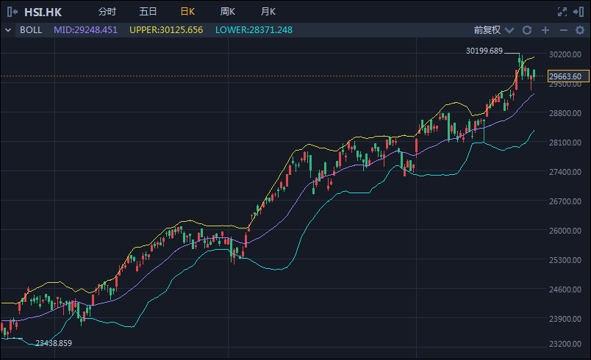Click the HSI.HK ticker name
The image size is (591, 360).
(x=43, y=12)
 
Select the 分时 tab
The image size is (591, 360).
(x=107, y=12)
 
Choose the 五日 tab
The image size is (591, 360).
(x=148, y=12)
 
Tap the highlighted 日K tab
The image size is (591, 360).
(x=187, y=12)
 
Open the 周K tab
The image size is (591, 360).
(x=228, y=12)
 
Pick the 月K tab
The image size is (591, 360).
(x=268, y=12)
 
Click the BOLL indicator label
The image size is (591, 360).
(x=31, y=30)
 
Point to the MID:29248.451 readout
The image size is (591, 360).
(x=85, y=30)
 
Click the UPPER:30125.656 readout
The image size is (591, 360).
(x=166, y=30)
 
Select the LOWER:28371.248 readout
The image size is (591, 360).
(x=254, y=30)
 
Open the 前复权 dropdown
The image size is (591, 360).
(x=494, y=30)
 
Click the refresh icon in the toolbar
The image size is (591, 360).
(x=527, y=30)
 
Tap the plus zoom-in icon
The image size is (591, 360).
(x=545, y=30)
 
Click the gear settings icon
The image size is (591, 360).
(x=580, y=30)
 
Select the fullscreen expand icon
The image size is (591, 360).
(x=562, y=12)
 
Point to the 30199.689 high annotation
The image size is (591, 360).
(x=484, y=51)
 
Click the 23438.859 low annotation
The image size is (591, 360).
(x=54, y=343)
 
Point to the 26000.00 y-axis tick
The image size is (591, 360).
(x=565, y=231)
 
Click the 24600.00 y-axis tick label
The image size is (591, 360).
(x=565, y=289)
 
